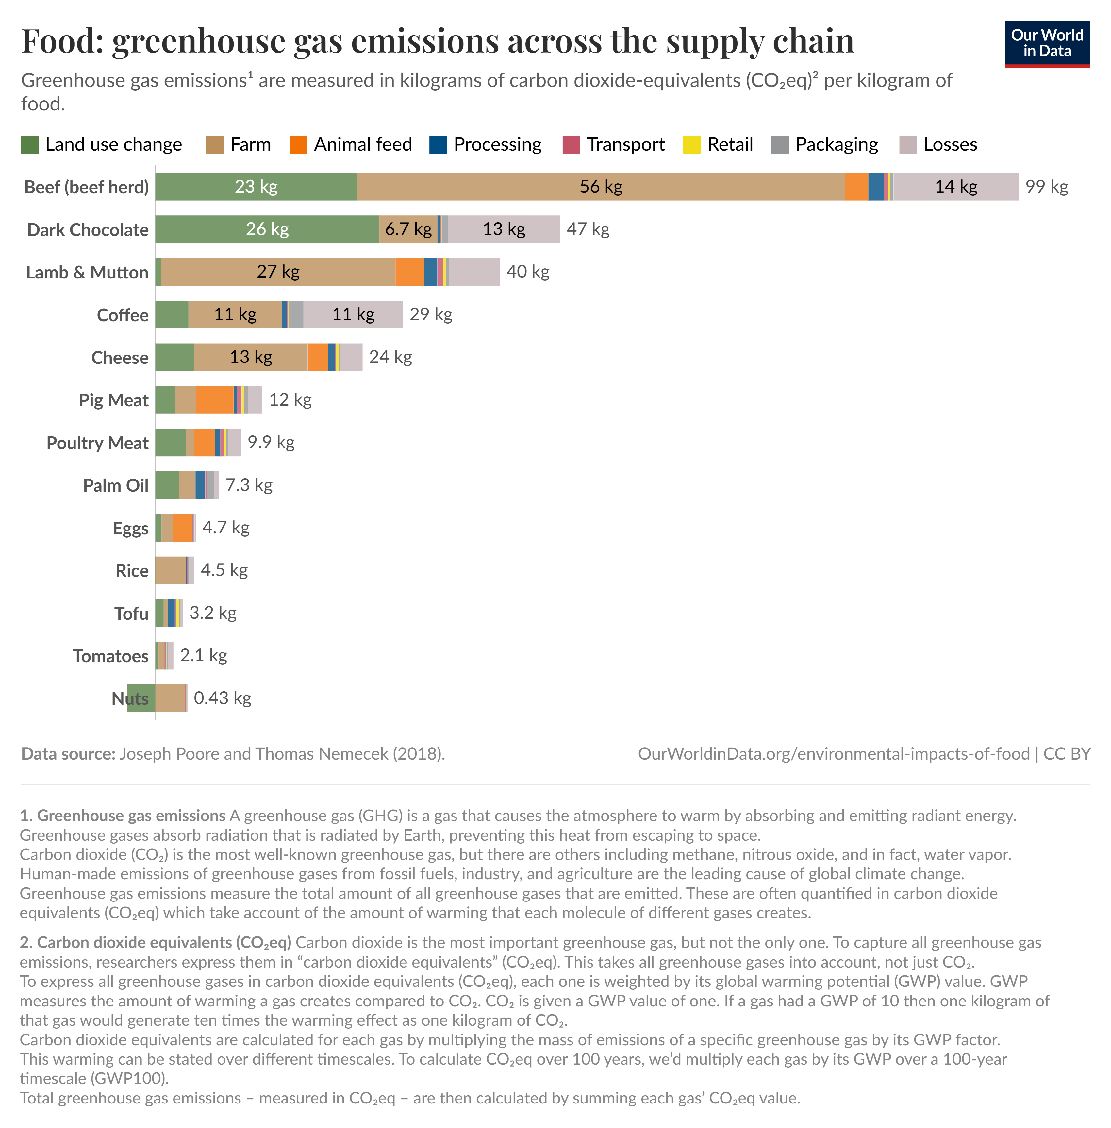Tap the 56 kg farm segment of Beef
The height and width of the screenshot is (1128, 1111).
(x=601, y=187)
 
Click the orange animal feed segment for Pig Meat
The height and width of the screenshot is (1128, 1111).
(x=215, y=400)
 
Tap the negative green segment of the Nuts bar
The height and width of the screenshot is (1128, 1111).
(x=141, y=699)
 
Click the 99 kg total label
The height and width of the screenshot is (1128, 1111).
(x=1046, y=187)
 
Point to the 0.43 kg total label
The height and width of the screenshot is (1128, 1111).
(x=222, y=699)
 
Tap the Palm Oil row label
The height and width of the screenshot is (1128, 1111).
(x=116, y=485)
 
